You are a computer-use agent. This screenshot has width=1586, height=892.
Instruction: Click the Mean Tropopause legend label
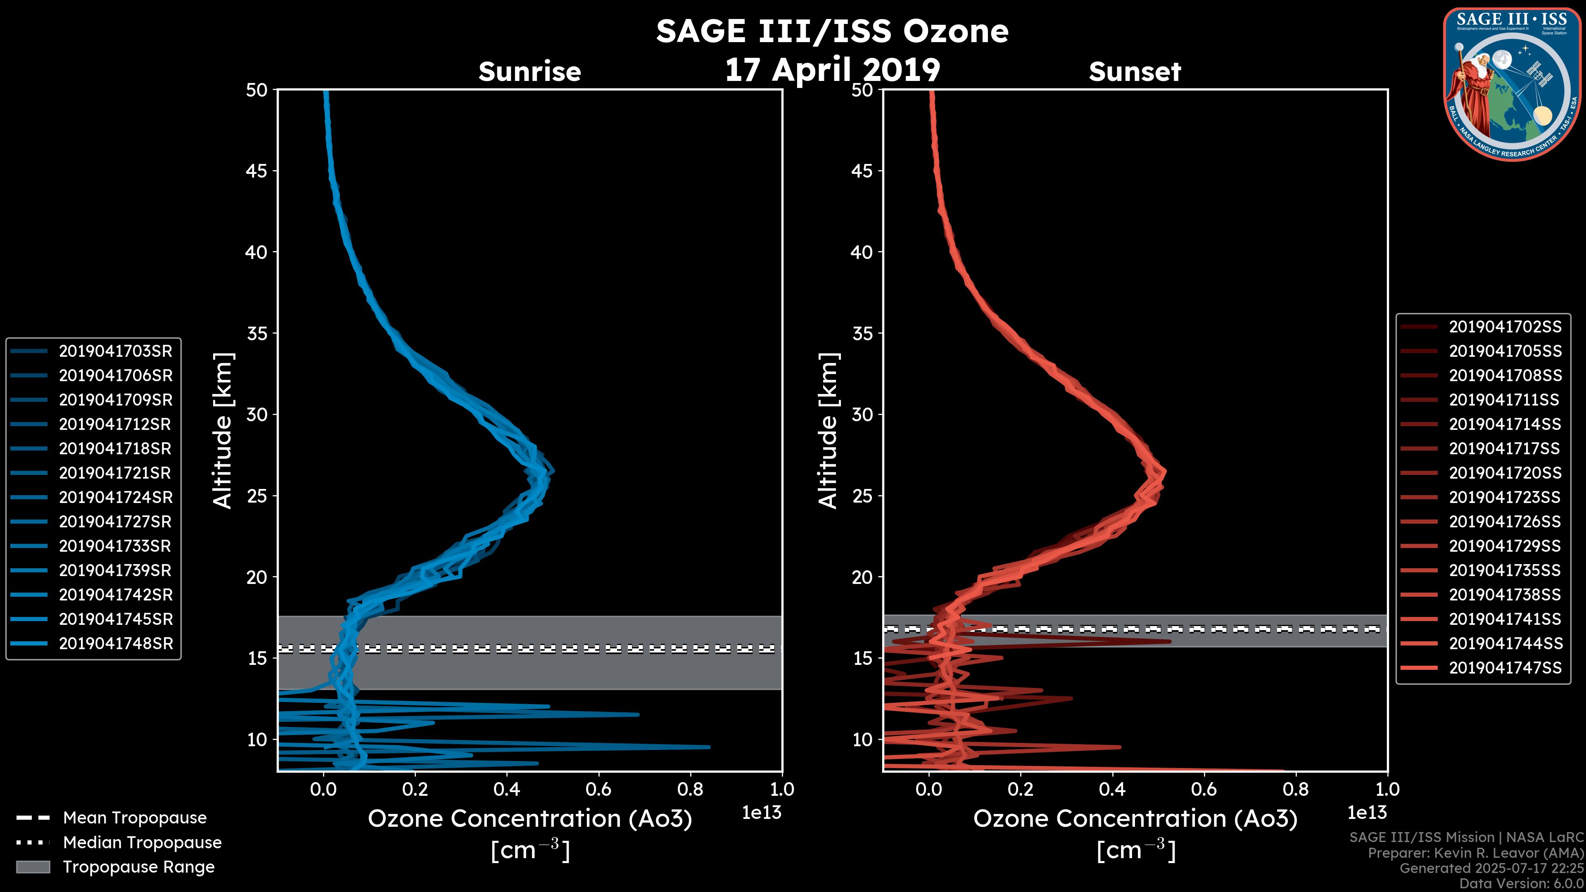coord(135,818)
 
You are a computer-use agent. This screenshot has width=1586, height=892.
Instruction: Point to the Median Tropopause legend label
coord(142,842)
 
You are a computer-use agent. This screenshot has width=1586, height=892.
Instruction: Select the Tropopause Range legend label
coord(138,867)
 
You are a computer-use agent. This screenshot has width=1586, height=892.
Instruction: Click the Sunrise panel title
coord(529,71)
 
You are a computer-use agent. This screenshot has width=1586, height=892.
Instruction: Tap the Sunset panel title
coord(1135,71)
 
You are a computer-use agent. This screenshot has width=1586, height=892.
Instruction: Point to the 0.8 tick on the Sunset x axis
coord(1295,789)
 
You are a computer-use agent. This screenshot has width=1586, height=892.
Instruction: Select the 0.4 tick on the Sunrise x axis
coord(506,789)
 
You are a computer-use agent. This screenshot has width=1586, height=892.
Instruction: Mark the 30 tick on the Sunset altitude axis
coord(862,414)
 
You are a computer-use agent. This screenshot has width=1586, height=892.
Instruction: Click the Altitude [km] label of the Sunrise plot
coord(223,431)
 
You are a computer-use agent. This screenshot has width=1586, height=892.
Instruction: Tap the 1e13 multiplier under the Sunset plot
coord(1367,813)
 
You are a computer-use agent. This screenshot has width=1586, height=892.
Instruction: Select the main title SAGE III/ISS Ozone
coord(832,31)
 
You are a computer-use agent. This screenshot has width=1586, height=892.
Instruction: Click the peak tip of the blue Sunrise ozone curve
coord(552,472)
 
